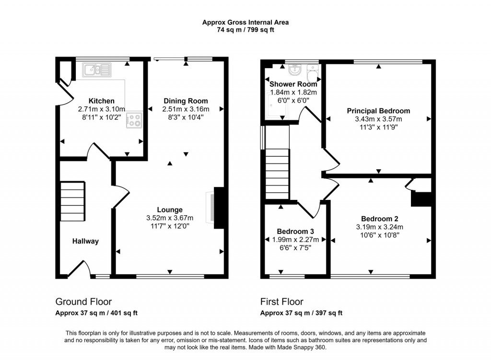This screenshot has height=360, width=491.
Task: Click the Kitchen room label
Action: pyautogui.click(x=102, y=101)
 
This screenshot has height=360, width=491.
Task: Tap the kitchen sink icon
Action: pyautogui.click(x=96, y=70)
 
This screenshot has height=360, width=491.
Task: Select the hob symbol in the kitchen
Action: pyautogui.click(x=134, y=120)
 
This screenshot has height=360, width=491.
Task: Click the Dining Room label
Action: pyautogui.click(x=186, y=101)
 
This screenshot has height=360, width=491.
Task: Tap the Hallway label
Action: pyautogui.click(x=85, y=241)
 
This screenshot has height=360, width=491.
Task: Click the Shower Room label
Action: pyautogui.click(x=293, y=84)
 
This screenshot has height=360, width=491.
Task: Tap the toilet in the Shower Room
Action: pyautogui.click(x=313, y=74)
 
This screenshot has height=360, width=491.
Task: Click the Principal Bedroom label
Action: pyautogui.click(x=378, y=111)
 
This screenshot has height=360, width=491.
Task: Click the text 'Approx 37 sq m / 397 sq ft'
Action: pyautogui.click(x=301, y=314)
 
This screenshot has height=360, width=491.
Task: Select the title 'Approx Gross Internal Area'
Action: pyautogui.click(x=245, y=22)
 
